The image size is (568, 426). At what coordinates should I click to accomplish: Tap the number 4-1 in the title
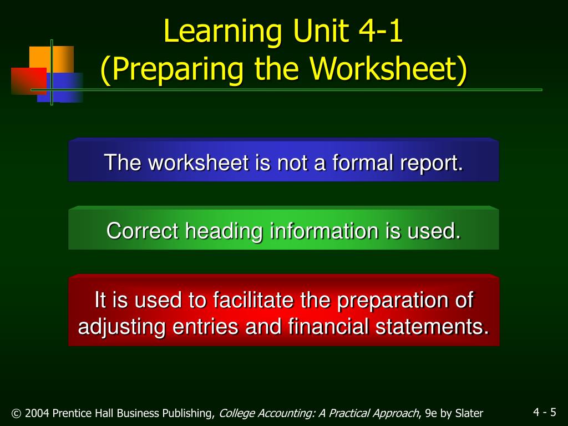pyautogui.click(x=381, y=31)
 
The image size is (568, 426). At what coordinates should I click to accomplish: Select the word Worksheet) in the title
pyautogui.click(x=388, y=69)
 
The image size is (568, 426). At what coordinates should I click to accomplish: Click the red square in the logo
pyautogui.click(x=29, y=81)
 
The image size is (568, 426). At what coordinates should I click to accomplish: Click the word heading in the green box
pyautogui.click(x=224, y=232)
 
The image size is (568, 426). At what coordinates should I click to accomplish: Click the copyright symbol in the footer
pyautogui.click(x=16, y=413)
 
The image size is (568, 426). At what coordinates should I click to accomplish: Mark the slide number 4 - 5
pyautogui.click(x=545, y=412)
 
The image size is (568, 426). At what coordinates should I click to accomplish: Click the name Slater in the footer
pyautogui.click(x=469, y=413)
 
